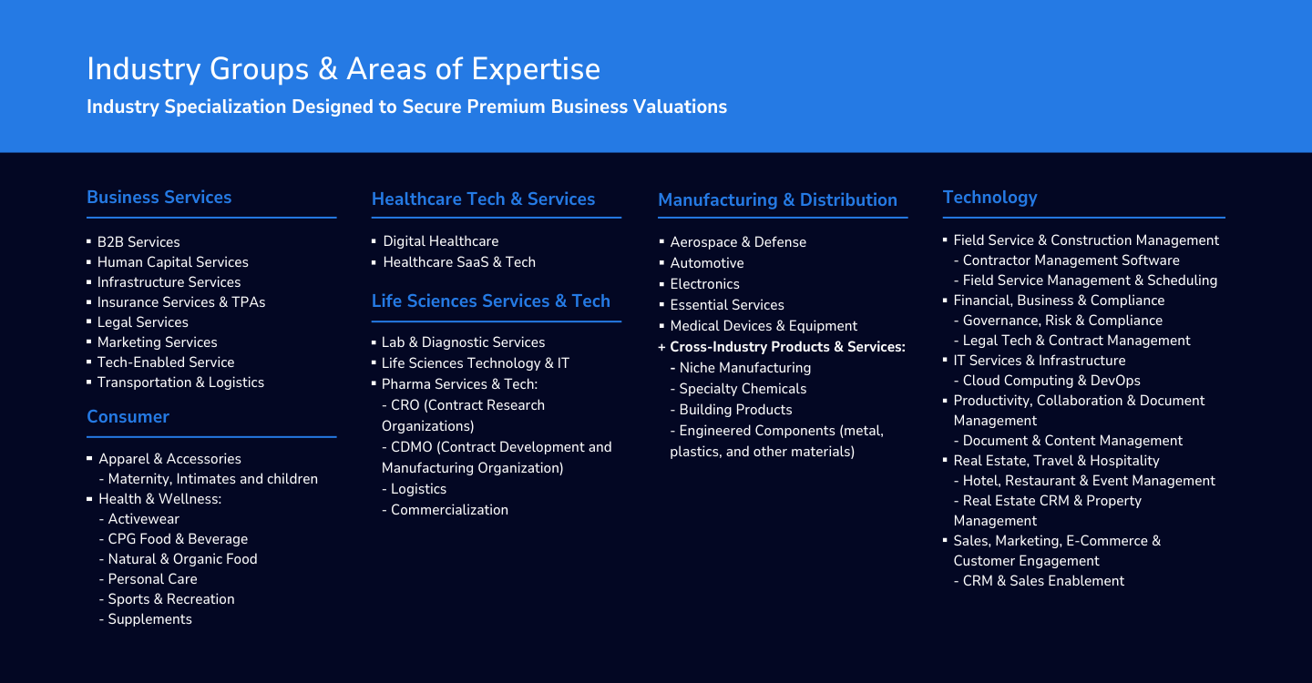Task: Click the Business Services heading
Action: coord(159,198)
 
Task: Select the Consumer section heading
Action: coord(128,417)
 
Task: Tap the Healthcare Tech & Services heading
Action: coord(483,199)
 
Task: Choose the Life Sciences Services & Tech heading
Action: coord(491,301)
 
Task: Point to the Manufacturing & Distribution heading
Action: coord(777,200)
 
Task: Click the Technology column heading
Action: coord(989,198)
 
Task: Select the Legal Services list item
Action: coord(142,321)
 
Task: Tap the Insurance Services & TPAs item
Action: coord(181,302)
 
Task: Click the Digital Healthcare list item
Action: coord(440,241)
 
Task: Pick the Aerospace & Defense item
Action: coord(738,242)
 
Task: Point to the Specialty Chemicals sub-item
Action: coord(742,389)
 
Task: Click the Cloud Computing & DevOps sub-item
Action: coord(1051,381)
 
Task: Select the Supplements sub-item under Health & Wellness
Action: coord(149,619)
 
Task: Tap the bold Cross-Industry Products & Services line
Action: coord(787,346)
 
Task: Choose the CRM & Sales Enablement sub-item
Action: coord(1043,581)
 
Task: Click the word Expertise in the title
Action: coord(536,69)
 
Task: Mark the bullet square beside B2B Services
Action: coord(89,241)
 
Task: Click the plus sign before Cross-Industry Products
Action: coord(661,347)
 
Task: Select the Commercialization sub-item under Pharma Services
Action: coord(449,510)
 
